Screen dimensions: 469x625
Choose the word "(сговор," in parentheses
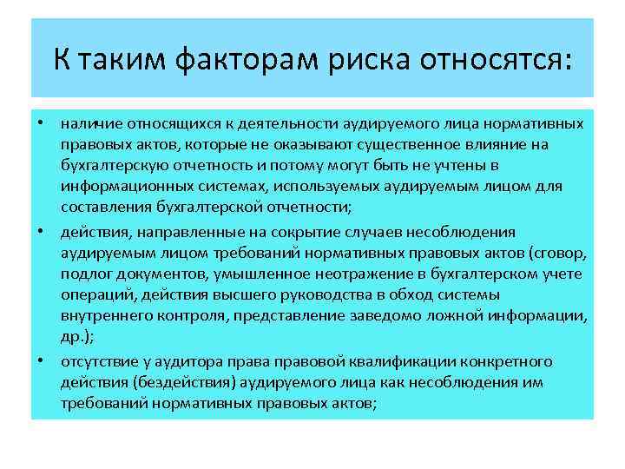pos(558,253)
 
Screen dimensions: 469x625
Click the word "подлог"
pos(83,274)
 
